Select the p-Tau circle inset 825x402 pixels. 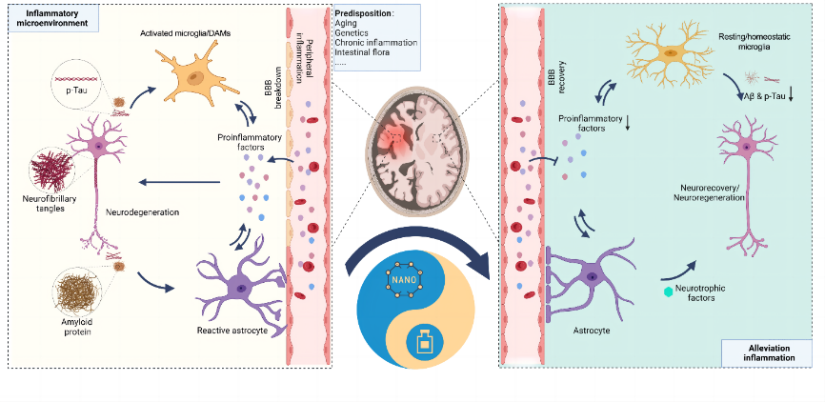(x=72, y=87)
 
